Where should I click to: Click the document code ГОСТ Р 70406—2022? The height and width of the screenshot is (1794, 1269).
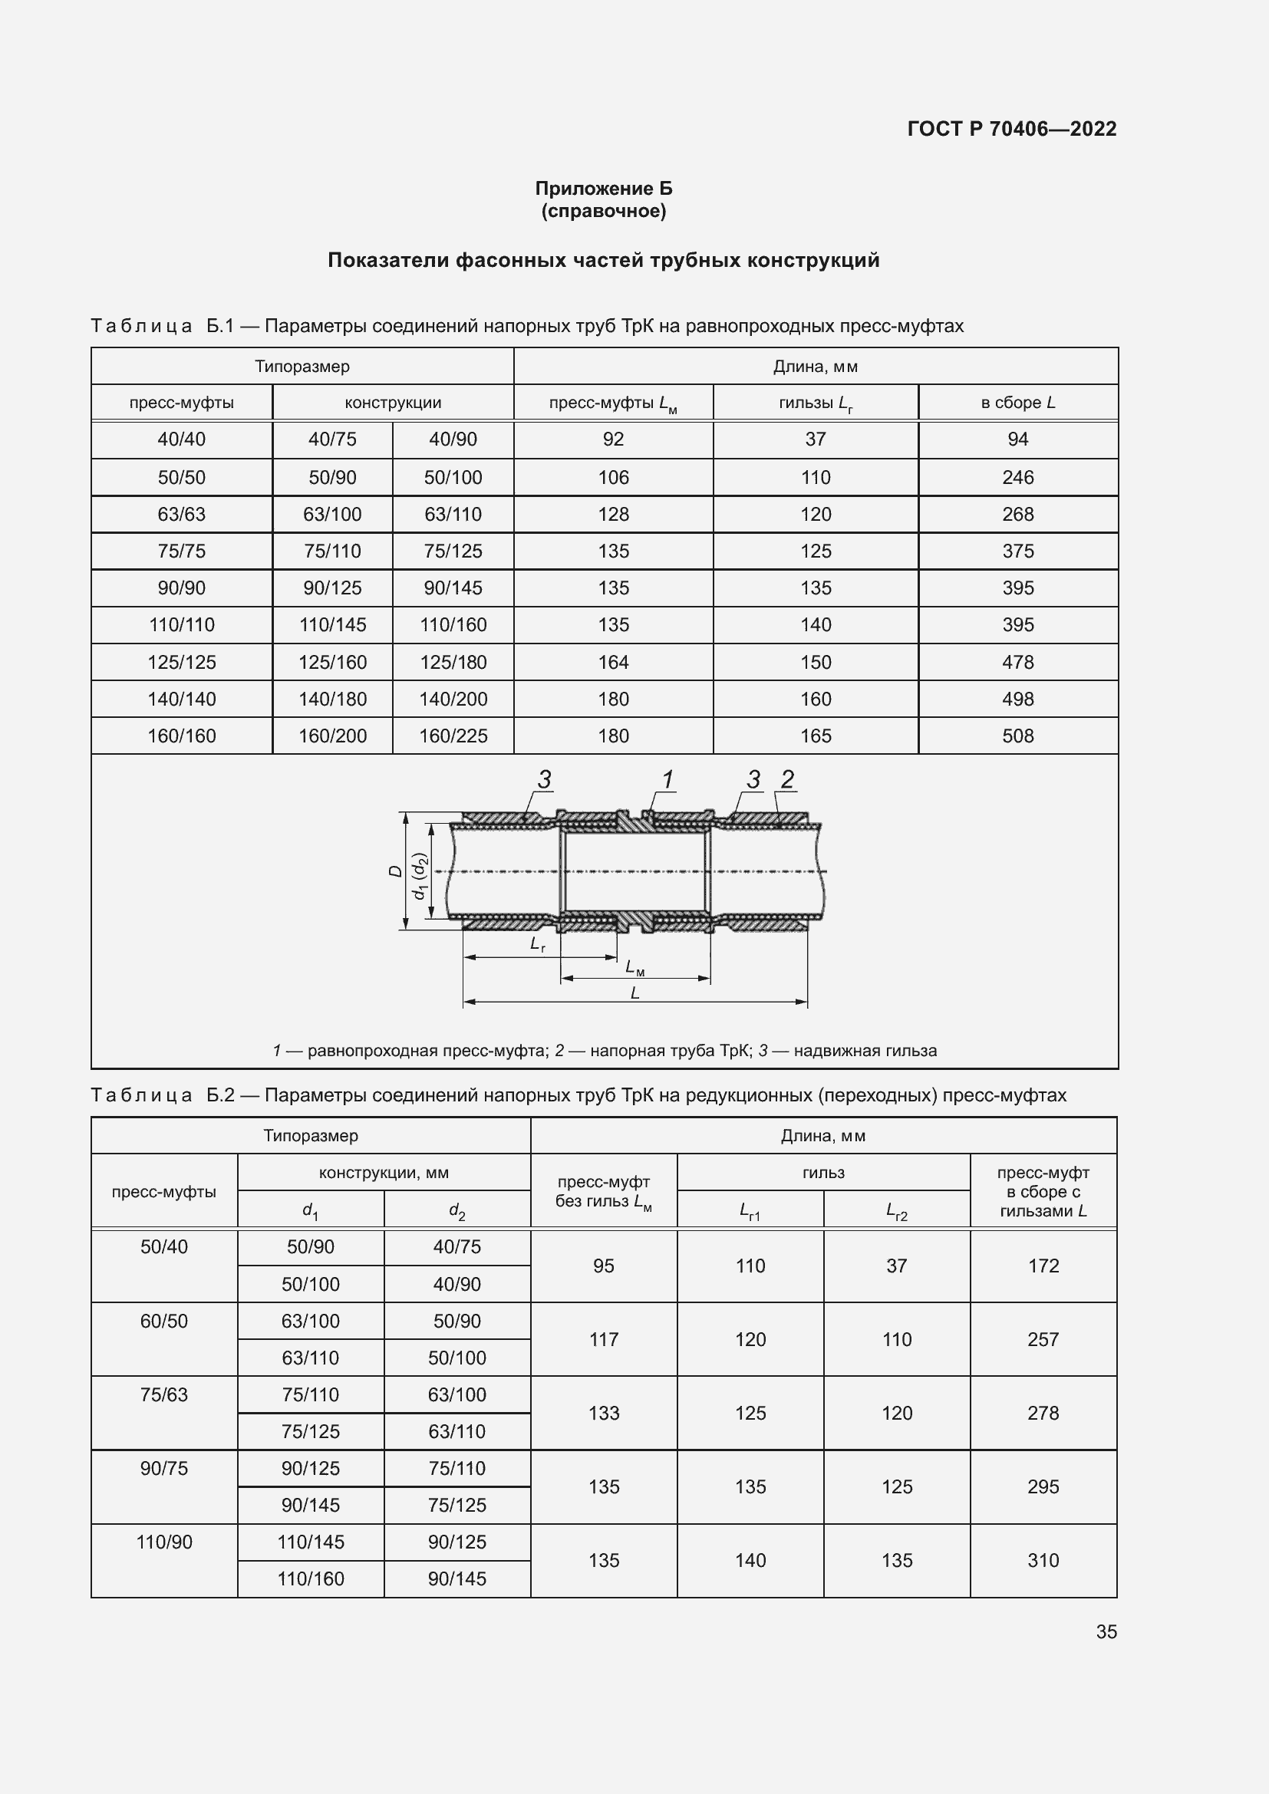[1011, 129]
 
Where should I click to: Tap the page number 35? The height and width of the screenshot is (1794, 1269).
[1106, 1631]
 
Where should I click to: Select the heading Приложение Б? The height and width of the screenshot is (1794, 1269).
[603, 189]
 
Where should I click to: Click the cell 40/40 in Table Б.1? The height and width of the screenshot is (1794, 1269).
[181, 439]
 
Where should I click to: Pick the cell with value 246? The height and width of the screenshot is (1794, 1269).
[1017, 477]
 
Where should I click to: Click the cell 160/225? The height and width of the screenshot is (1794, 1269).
[453, 736]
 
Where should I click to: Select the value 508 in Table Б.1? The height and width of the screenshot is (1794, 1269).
[1017, 736]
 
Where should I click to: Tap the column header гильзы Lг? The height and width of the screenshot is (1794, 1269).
[815, 403]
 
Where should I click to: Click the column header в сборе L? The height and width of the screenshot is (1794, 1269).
[1017, 403]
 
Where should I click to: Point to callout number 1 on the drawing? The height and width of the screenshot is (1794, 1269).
[667, 779]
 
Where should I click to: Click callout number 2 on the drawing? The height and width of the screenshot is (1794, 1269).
[787, 779]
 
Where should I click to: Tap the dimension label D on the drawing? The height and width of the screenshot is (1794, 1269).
[395, 871]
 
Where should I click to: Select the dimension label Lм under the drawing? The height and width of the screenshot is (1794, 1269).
[634, 967]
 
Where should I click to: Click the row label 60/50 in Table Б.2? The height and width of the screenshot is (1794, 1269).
[164, 1322]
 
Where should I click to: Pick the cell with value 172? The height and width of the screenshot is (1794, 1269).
[1043, 1266]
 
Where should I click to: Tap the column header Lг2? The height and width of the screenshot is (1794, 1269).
[896, 1211]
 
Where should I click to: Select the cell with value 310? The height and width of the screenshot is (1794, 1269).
[1043, 1560]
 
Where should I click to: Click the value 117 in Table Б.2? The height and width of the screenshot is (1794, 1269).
[603, 1339]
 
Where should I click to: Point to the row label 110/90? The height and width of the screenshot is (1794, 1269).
[164, 1542]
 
